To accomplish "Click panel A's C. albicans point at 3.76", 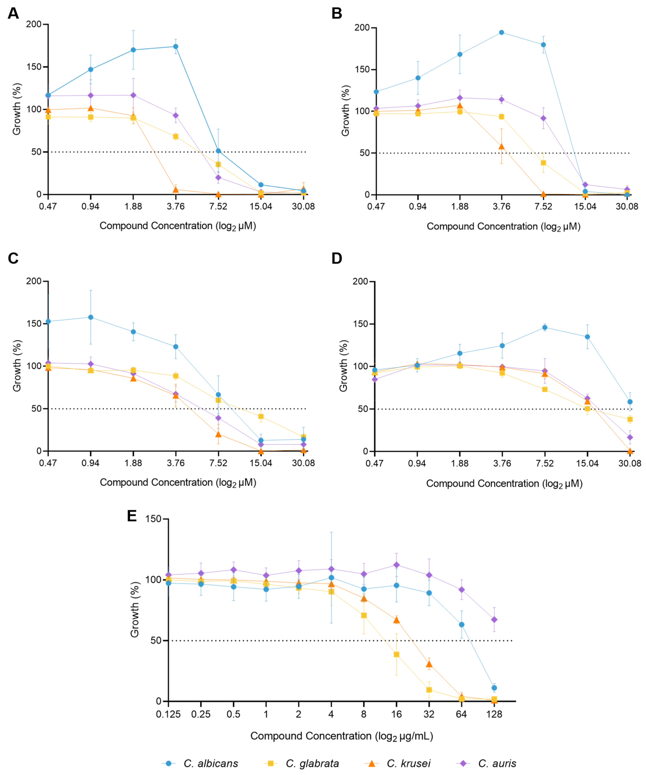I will pos(176,46).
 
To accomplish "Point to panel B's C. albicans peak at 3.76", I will pos(501,32).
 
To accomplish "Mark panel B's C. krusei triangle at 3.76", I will pos(501,146).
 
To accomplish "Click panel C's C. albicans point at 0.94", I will pos(90,317).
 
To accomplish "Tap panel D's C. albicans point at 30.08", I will pos(630,402).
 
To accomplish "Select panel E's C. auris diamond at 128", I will pos(494,619).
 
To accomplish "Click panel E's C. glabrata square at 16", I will pos(397,654).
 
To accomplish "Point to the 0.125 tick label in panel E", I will pos(168,714).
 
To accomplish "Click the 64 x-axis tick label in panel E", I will pos(461,714).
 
